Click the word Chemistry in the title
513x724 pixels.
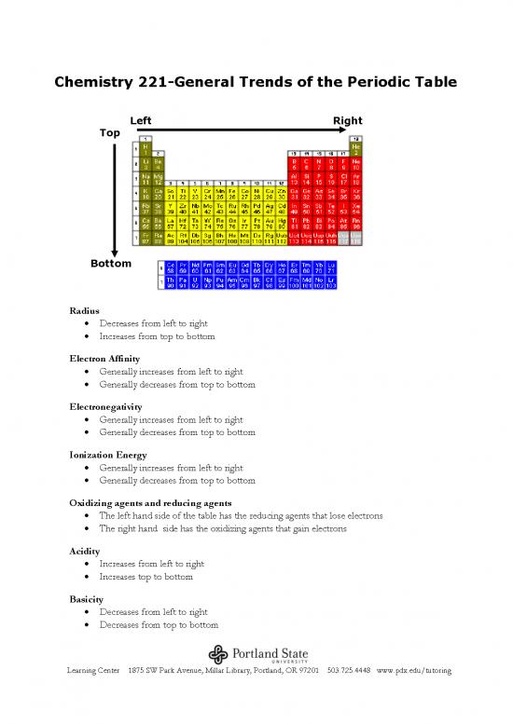pyautogui.click(x=91, y=83)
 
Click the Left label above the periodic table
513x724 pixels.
pyautogui.click(x=142, y=121)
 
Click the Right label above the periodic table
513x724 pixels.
pyautogui.click(x=347, y=121)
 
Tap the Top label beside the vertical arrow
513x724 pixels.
pyautogui.click(x=109, y=133)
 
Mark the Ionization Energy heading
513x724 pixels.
pyautogui.click(x=104, y=455)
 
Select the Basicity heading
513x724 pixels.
pyautogui.click(x=87, y=599)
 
